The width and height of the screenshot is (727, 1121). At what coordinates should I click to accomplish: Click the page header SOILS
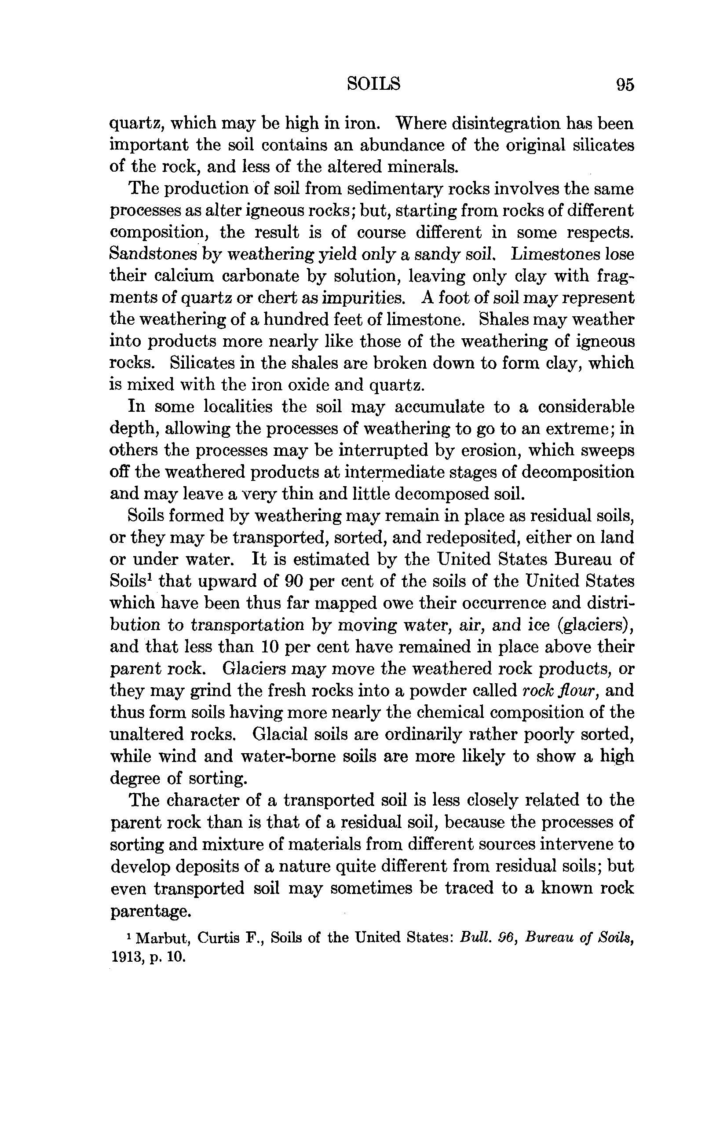(373, 84)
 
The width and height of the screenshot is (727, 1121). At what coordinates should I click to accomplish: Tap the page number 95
(625, 85)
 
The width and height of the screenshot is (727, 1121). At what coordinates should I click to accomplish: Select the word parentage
(150, 911)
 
